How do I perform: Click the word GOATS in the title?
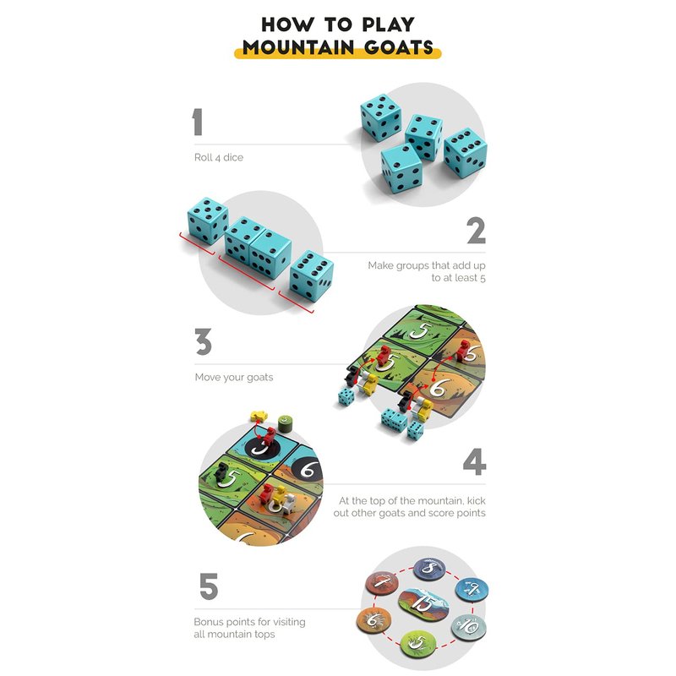(399, 47)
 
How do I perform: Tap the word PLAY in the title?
(389, 25)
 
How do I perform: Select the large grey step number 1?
(198, 122)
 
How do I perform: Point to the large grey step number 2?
(476, 231)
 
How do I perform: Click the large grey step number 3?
(203, 341)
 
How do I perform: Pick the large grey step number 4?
(475, 461)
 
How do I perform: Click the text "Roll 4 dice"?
(219, 157)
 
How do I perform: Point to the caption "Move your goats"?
(234, 377)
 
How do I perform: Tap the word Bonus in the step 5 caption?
(208, 622)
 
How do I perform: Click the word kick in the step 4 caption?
(476, 500)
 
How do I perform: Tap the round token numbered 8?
(429, 569)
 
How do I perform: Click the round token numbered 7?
(382, 583)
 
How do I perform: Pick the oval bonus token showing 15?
(423, 603)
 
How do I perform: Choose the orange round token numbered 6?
(373, 619)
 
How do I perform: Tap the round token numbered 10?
(469, 627)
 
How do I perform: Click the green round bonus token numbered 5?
(418, 643)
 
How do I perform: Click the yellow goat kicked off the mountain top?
(259, 416)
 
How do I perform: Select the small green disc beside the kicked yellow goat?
(285, 422)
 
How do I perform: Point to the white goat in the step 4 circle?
(289, 504)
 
